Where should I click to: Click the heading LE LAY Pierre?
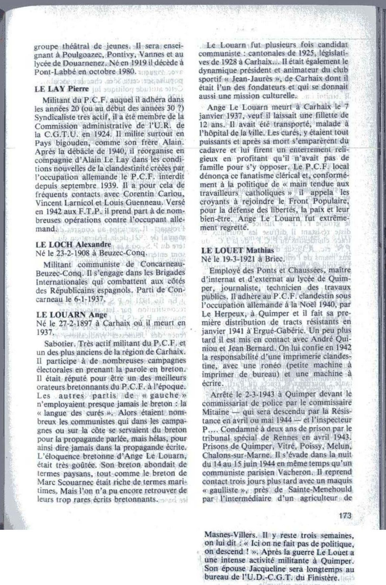coord(62,89)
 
